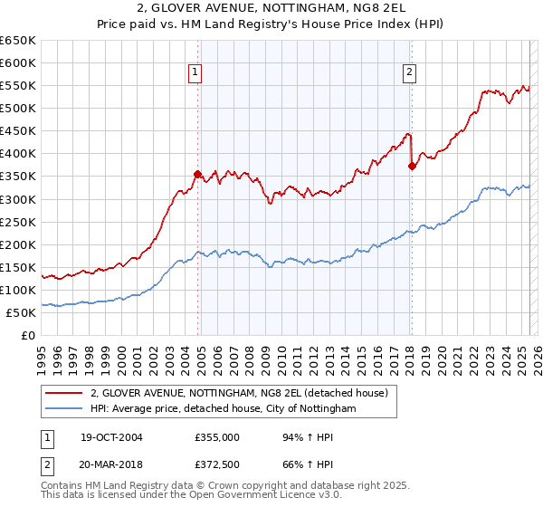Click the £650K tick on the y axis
click(x=18, y=41)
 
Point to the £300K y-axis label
click(x=18, y=199)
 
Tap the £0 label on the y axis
click(x=28, y=336)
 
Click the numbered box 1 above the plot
click(x=195, y=73)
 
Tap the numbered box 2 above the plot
click(x=410, y=73)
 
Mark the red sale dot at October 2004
click(x=197, y=174)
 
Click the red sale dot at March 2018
click(x=412, y=166)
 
